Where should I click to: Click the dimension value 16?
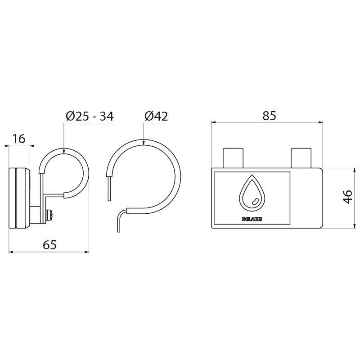19,139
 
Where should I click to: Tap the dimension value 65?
49,245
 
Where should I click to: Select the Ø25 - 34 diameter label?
90,116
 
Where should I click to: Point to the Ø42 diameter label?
156,116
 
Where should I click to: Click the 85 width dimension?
269,116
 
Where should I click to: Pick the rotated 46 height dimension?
348,197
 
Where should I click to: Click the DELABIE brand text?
252,219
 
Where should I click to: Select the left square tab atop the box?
233,158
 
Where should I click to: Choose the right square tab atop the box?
301,158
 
